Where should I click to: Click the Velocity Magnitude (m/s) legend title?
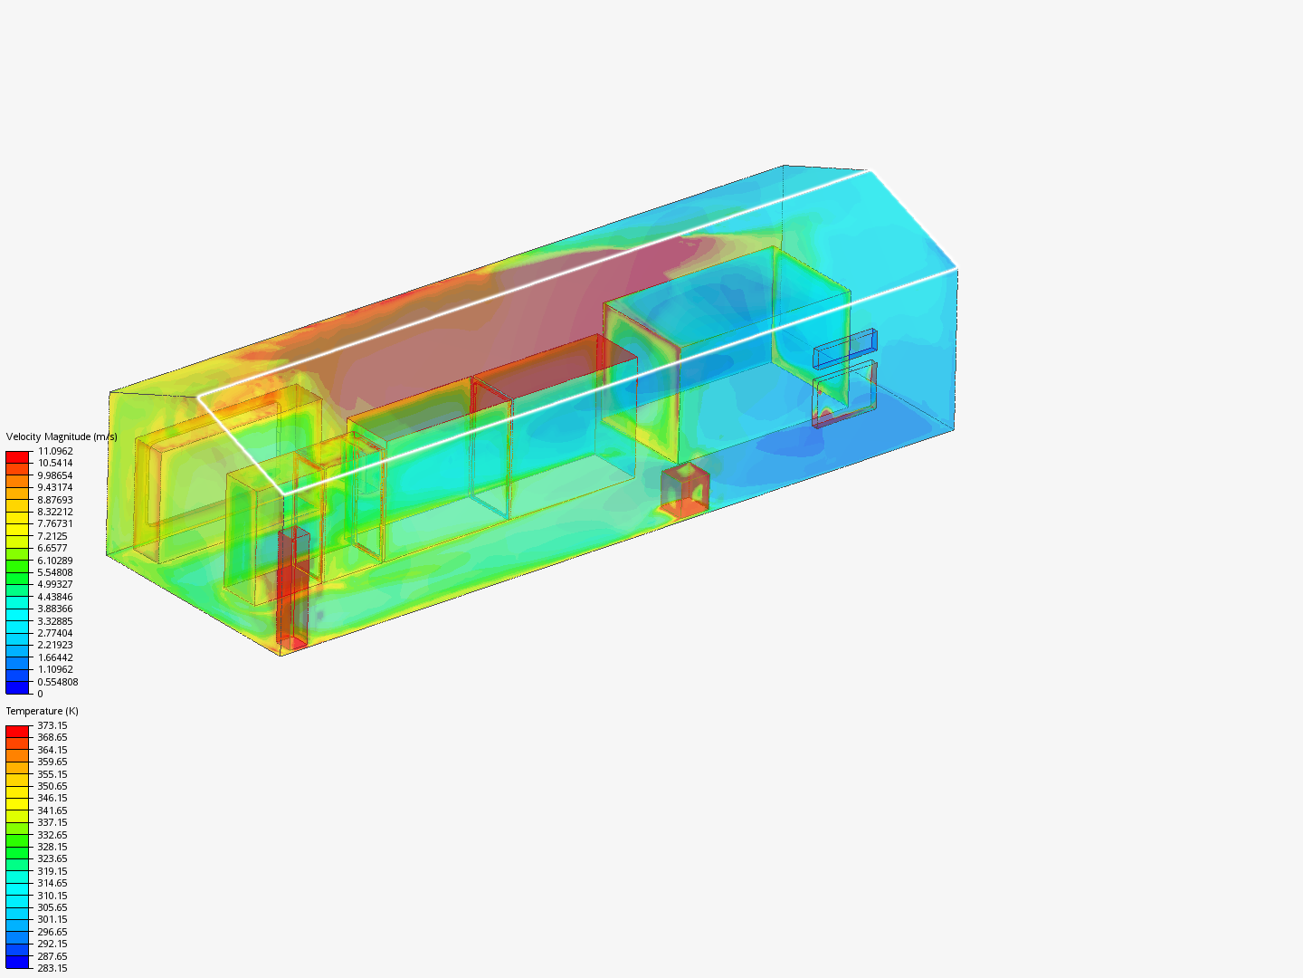pos(61,436)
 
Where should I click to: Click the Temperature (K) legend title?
pos(42,711)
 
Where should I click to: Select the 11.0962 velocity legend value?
pos(55,451)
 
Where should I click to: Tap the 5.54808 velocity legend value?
pos(55,572)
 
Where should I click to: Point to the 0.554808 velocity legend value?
pos(57,682)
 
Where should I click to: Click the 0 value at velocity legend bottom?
pos(40,694)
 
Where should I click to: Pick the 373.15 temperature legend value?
pos(52,725)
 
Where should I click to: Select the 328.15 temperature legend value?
pos(52,847)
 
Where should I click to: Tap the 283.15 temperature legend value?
pos(52,968)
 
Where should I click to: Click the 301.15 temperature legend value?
pos(52,919)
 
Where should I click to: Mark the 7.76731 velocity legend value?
pos(55,523)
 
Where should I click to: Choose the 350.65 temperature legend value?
pos(52,786)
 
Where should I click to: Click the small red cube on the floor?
pos(684,490)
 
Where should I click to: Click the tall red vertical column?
pos(293,589)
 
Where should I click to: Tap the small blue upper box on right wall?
pos(845,348)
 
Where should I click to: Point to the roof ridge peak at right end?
pos(870,170)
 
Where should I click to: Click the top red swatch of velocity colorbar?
pos(18,456)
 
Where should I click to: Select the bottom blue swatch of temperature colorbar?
pos(18,962)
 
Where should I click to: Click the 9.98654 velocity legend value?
pos(55,475)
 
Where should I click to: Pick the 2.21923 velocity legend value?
pos(55,645)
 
